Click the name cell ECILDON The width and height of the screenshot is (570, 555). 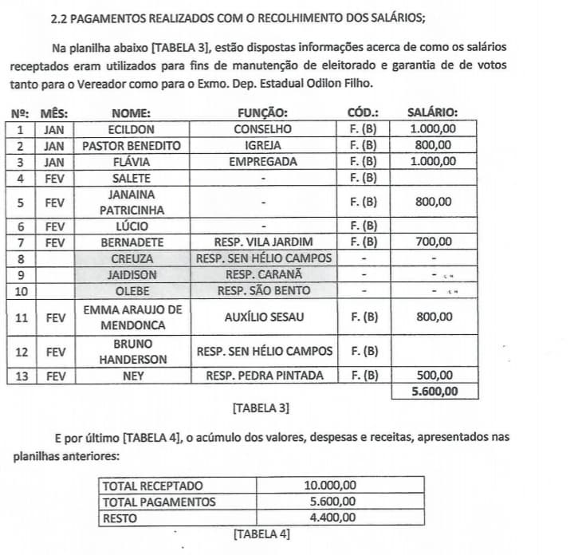click(x=132, y=129)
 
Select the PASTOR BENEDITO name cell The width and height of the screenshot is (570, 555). click(x=132, y=146)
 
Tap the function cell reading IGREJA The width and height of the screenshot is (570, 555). click(x=262, y=146)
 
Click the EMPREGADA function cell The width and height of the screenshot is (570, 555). click(x=262, y=162)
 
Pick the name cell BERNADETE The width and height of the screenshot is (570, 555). click(x=132, y=242)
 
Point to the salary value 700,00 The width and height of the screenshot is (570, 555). click(x=434, y=242)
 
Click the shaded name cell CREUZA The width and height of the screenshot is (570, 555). click(x=132, y=259)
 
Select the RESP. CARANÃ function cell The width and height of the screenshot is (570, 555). click(x=262, y=275)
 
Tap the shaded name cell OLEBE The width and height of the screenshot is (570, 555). click(x=132, y=291)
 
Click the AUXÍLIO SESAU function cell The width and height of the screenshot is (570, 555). click(x=262, y=317)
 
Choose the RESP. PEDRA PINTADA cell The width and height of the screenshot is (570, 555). click(x=264, y=376)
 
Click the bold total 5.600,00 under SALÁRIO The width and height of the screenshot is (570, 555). click(x=434, y=392)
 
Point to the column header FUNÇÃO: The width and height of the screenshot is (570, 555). click(x=262, y=113)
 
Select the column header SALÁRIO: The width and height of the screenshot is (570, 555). click(x=433, y=113)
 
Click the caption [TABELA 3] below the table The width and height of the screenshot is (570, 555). click(x=260, y=409)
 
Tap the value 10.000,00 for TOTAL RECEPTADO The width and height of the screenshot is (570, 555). click(x=331, y=486)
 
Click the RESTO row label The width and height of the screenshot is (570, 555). click(x=120, y=518)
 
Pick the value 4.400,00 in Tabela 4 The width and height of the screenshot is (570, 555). click(x=331, y=518)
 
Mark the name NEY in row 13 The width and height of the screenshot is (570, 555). click(x=132, y=376)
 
